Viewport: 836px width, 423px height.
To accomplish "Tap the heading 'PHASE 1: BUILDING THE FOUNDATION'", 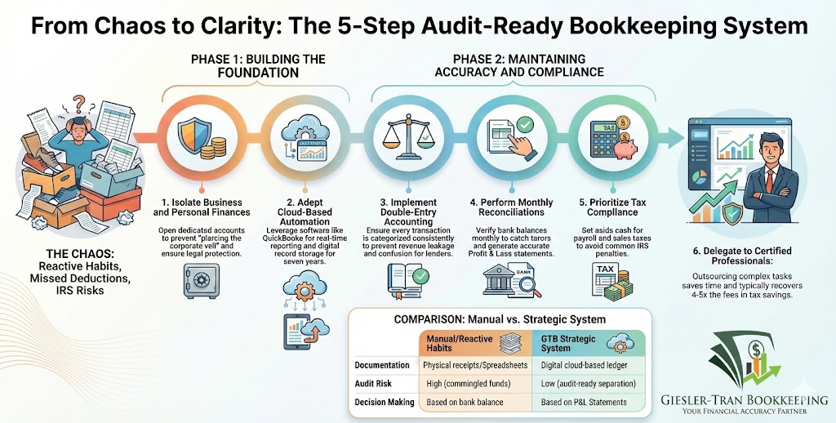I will click(258, 65).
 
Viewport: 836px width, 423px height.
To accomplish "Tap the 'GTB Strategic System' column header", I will click(565, 341).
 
